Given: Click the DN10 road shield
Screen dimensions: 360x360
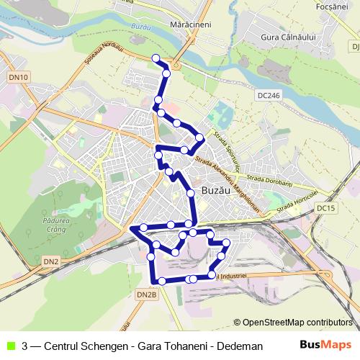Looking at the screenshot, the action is point(19,77).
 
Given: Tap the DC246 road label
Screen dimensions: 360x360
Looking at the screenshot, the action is point(271,94).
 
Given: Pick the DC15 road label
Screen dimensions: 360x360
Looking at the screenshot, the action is point(326,208).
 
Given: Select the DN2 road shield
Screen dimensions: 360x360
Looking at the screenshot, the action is point(50,261).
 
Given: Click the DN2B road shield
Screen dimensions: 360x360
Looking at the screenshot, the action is point(146,294).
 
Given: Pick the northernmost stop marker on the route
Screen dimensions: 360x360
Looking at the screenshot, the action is point(156,58).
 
